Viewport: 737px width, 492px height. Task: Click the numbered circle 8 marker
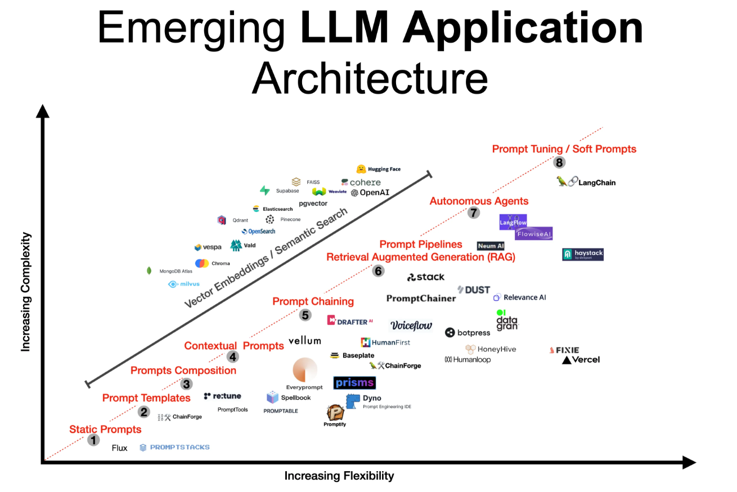559,163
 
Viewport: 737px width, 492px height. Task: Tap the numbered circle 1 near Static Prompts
93,440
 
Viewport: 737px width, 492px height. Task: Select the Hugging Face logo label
378,169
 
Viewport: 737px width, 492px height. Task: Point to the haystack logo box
583,254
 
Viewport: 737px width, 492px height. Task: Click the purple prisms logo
354,383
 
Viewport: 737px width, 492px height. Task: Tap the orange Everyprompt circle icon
304,369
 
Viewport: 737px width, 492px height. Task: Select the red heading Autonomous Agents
479,201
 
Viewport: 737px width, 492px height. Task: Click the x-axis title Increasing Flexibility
339,476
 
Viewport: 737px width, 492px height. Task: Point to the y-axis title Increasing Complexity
25,292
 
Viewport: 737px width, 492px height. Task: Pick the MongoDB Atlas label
176,271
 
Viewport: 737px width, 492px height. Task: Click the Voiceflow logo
411,325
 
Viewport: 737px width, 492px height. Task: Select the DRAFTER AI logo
350,321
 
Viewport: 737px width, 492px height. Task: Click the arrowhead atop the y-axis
43,110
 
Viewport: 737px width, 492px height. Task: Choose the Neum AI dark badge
490,246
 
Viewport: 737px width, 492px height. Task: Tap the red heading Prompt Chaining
313,301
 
